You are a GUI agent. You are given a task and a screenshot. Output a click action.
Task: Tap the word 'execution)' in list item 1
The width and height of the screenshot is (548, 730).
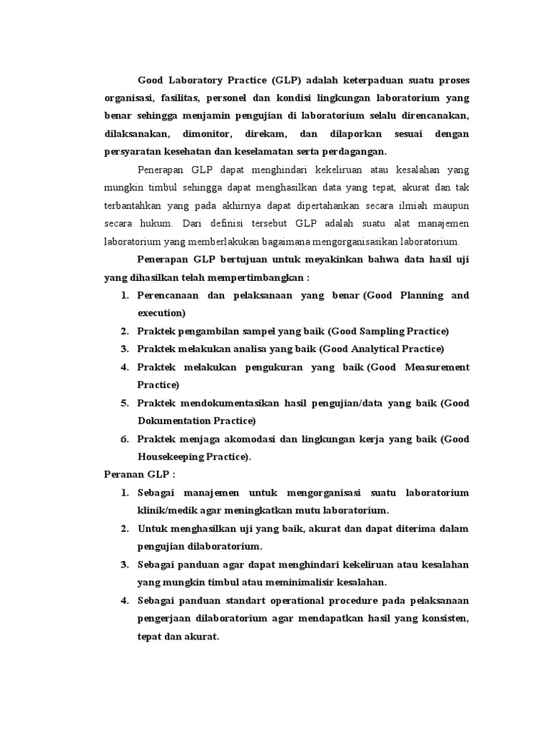coord(162,312)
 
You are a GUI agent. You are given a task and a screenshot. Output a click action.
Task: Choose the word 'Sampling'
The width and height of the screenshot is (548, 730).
coord(366,331)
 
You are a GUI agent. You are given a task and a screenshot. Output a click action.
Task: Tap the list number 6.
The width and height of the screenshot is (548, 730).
coord(124,439)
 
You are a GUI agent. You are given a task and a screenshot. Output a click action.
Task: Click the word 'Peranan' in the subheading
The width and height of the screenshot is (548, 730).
coord(118,475)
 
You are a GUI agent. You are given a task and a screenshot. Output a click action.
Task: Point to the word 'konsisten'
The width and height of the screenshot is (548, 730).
coord(442,619)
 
